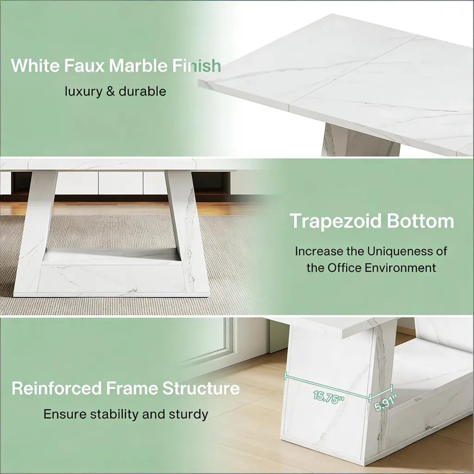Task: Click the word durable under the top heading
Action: [x=143, y=91]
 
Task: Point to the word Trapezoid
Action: [x=336, y=222]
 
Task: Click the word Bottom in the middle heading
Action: [x=420, y=221]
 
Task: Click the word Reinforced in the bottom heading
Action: [x=56, y=388]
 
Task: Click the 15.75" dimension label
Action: [x=329, y=397]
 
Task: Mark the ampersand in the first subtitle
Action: [x=111, y=92]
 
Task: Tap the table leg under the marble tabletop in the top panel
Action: [x=360, y=140]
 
